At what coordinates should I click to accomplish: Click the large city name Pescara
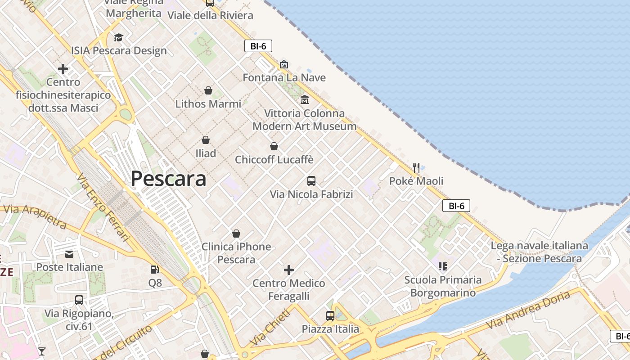pyautogui.click(x=168, y=179)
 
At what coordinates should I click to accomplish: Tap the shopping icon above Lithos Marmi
pyautogui.click(x=208, y=90)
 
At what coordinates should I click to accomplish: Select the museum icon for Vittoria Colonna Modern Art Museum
pyautogui.click(x=305, y=99)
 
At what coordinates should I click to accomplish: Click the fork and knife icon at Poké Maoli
pyautogui.click(x=416, y=168)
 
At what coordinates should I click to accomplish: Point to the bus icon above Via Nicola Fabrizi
pyautogui.click(x=311, y=181)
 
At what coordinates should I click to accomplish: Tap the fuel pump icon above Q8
pyautogui.click(x=155, y=270)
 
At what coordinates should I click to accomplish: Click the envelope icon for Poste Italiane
pyautogui.click(x=69, y=254)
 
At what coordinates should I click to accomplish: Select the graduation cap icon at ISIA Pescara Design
pyautogui.click(x=118, y=37)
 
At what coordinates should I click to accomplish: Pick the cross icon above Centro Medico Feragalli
pyautogui.click(x=289, y=270)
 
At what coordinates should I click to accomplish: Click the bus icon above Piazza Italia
pyautogui.click(x=330, y=316)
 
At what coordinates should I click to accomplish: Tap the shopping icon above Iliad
pyautogui.click(x=206, y=140)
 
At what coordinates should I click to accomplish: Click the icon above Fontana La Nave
pyautogui.click(x=284, y=64)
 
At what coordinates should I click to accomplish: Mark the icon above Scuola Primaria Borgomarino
pyautogui.click(x=443, y=266)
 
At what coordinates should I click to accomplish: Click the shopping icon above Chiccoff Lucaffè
pyautogui.click(x=274, y=146)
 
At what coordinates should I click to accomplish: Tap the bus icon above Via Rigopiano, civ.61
pyautogui.click(x=79, y=300)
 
